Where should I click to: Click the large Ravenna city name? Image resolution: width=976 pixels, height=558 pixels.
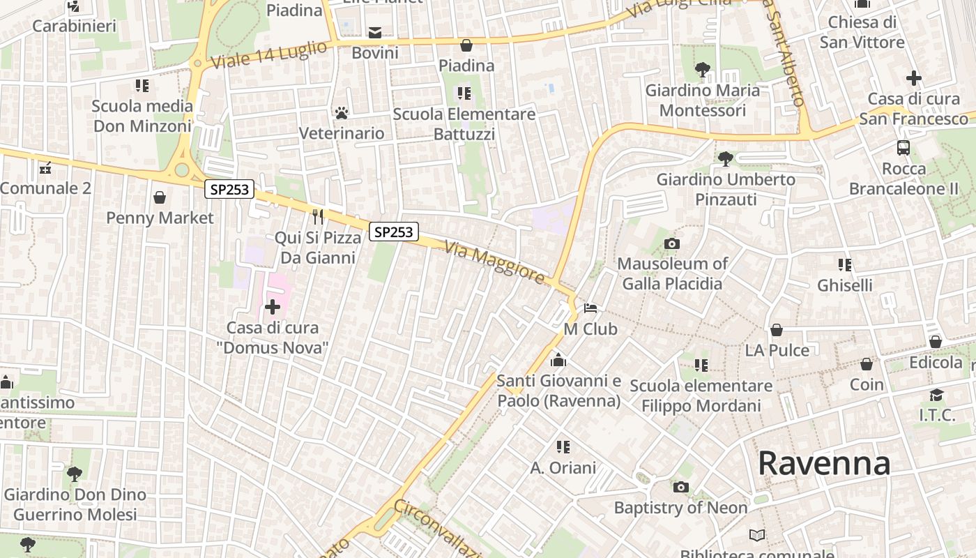coord(823,463)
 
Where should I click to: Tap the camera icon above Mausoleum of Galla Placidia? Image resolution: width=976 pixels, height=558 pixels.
coord(671,243)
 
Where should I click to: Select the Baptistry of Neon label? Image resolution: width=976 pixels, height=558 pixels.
coord(680,508)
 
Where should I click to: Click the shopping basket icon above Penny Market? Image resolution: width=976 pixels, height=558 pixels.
coord(160,197)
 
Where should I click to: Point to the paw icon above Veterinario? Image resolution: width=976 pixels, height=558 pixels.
coord(342,112)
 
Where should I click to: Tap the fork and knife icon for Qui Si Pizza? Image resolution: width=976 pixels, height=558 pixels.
coord(318,217)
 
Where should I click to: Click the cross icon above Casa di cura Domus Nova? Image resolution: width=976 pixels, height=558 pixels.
coord(273,307)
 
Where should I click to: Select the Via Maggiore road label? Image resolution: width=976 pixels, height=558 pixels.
coord(495,262)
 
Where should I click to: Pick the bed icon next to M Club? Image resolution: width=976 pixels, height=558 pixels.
coord(591,308)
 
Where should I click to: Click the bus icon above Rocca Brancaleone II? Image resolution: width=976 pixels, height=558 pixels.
coord(903,148)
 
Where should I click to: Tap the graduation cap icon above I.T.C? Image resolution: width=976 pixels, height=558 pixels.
coord(936,395)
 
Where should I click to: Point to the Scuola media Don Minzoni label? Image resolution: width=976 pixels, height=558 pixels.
coord(142,116)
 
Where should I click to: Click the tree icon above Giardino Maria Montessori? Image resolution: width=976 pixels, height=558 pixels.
coord(703,70)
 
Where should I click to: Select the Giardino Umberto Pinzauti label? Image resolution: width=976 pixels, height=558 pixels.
coord(726,190)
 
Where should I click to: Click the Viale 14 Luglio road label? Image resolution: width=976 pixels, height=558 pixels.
coord(268,54)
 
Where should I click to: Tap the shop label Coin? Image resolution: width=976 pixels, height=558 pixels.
coord(867,384)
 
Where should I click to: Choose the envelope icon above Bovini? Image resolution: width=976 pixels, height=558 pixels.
coord(375,33)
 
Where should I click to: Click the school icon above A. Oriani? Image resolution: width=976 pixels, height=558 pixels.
coord(563,447)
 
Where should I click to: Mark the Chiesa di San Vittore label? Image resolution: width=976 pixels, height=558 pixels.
coord(862,32)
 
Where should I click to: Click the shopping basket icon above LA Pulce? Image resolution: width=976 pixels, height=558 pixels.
coord(777,330)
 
